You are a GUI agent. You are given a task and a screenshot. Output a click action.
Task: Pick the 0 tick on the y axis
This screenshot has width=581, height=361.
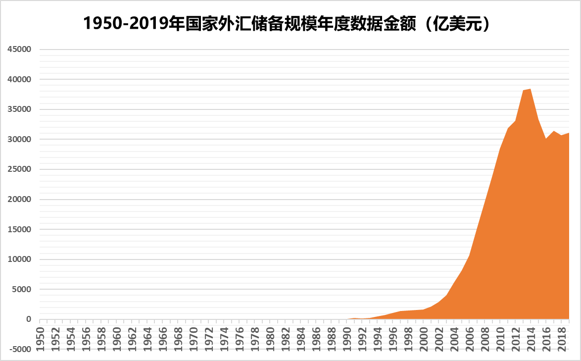coord(29,319)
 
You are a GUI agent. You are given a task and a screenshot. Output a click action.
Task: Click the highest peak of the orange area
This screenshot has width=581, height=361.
coord(531,89)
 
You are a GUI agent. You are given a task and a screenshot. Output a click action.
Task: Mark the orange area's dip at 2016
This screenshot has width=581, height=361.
coord(546,139)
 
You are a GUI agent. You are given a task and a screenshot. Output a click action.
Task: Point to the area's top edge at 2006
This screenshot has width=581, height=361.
coord(469,256)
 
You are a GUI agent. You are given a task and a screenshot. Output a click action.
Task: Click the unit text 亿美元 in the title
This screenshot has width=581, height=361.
coord(460,23)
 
